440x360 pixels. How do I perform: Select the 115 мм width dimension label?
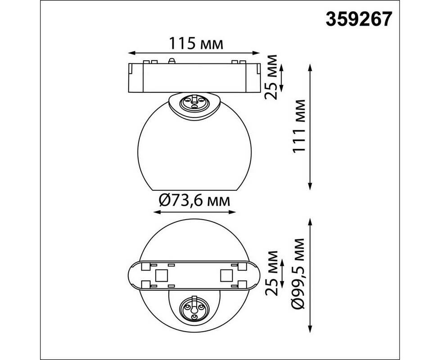pos(196,44)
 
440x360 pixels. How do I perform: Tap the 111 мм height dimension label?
pos(299,126)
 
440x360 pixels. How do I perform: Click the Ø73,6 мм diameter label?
pos(194,200)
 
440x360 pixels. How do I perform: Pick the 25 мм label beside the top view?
pos(271,77)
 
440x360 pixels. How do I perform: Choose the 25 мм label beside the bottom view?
pos(271,273)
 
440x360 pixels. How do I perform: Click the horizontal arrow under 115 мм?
pos(194,53)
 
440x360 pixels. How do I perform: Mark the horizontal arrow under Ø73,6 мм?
pos(195,212)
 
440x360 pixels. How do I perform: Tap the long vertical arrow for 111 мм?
pos(310,127)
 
